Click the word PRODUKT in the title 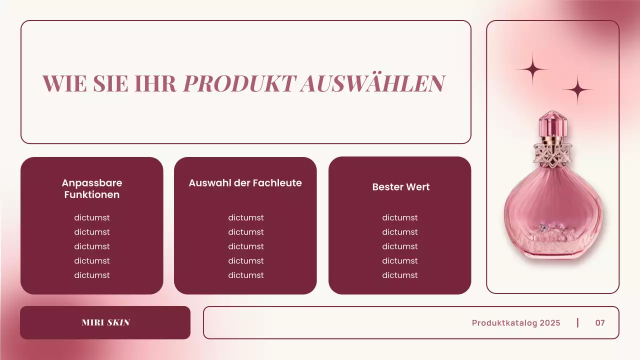click(x=239, y=83)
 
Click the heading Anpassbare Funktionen click(x=92, y=188)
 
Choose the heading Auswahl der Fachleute click(x=245, y=183)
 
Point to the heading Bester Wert click(x=400, y=187)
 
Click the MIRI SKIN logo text click(x=105, y=322)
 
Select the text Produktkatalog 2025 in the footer click(x=516, y=323)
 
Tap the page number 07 click(x=600, y=323)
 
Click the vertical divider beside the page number click(x=577, y=322)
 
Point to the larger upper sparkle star click(x=533, y=69)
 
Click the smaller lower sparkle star click(x=578, y=90)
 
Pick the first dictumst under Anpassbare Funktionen click(x=92, y=217)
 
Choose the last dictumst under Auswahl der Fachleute click(x=245, y=275)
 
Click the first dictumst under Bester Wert click(x=399, y=217)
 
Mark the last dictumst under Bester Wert click(x=399, y=275)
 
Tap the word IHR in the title click(x=156, y=83)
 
